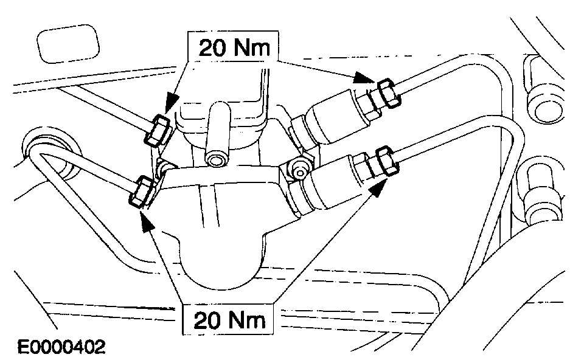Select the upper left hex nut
[x=158, y=130]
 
